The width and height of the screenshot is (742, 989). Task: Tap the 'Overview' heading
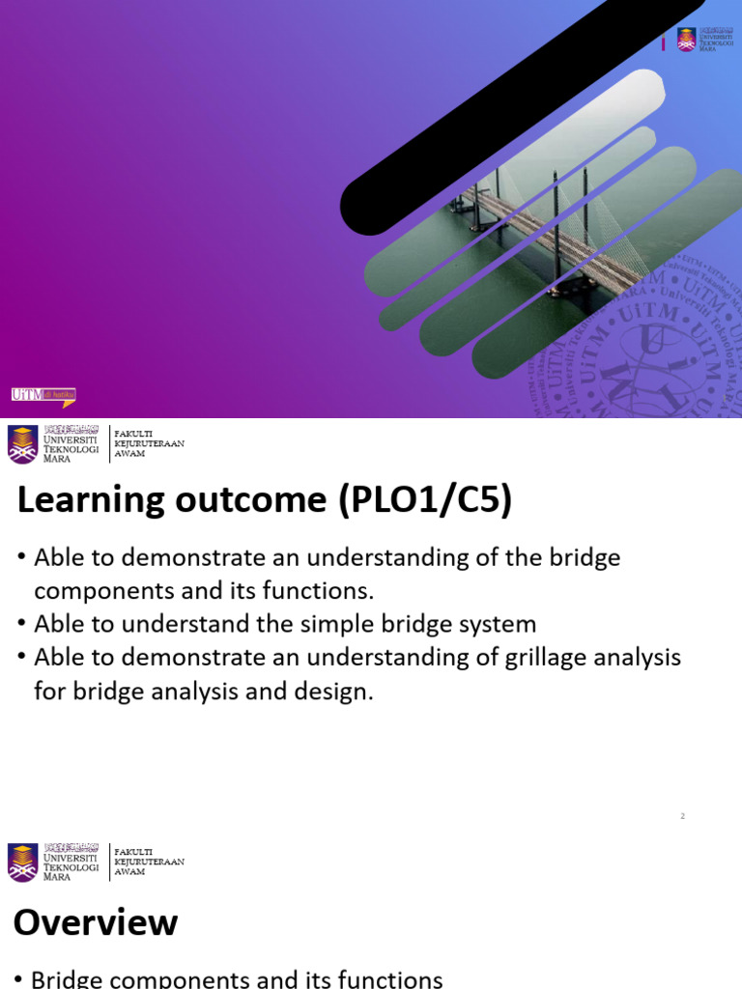tap(96, 922)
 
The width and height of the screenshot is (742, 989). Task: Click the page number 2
tap(682, 816)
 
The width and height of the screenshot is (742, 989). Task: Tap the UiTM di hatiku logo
tap(43, 395)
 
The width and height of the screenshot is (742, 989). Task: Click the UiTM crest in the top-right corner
tap(686, 40)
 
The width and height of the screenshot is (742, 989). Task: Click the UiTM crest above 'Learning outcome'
tap(23, 444)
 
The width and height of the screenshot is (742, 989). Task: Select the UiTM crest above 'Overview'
tap(23, 862)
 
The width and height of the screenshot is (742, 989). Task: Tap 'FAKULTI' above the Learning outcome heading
tap(132, 434)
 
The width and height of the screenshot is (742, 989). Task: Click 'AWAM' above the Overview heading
tap(129, 872)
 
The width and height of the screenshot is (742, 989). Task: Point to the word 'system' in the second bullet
tap(492, 624)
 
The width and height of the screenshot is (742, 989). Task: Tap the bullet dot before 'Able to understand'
tap(20, 625)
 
